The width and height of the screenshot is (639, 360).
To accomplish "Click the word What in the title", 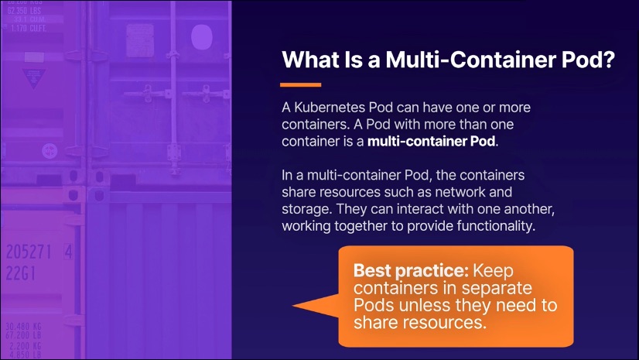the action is tap(310, 60).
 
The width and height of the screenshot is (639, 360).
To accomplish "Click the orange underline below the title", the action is tap(300, 85).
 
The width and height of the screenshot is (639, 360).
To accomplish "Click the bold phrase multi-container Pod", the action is tap(431, 141).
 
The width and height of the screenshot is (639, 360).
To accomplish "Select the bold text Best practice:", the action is tap(411, 271).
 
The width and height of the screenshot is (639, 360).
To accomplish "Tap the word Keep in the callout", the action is tap(493, 271).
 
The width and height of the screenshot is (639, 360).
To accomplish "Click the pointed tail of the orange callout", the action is tap(293, 305).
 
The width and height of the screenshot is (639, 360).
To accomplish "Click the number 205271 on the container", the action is tap(29, 252).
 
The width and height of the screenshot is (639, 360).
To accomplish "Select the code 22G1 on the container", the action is tap(20, 273).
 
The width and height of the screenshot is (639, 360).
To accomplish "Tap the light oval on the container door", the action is tap(202, 36).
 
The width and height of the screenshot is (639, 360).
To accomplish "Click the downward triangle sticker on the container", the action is tap(34, 78).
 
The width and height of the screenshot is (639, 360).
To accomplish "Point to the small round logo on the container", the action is tap(50, 151).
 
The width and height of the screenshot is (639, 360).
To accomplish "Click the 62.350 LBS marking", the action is tap(24, 11).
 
